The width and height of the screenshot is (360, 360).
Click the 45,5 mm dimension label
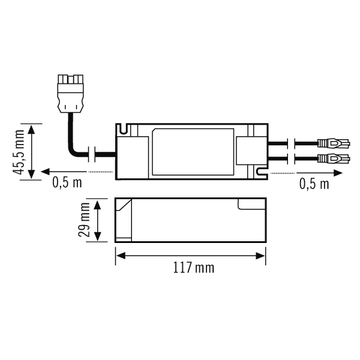pyautogui.click(x=19, y=152)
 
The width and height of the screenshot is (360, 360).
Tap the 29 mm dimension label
pyautogui.click(x=84, y=220)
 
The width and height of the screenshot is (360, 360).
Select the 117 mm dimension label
pyautogui.click(x=194, y=268)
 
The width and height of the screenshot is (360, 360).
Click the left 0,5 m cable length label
pyautogui.click(x=67, y=182)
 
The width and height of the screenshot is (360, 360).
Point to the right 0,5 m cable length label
pyautogui.click(x=314, y=184)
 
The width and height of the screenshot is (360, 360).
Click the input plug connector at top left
pyautogui.click(x=70, y=94)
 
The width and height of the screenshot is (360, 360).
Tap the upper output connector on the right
pyautogui.click(x=334, y=143)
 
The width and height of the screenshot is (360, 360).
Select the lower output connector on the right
pyautogui.click(x=334, y=158)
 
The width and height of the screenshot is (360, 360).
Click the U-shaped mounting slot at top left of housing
pyautogui.click(x=124, y=129)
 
